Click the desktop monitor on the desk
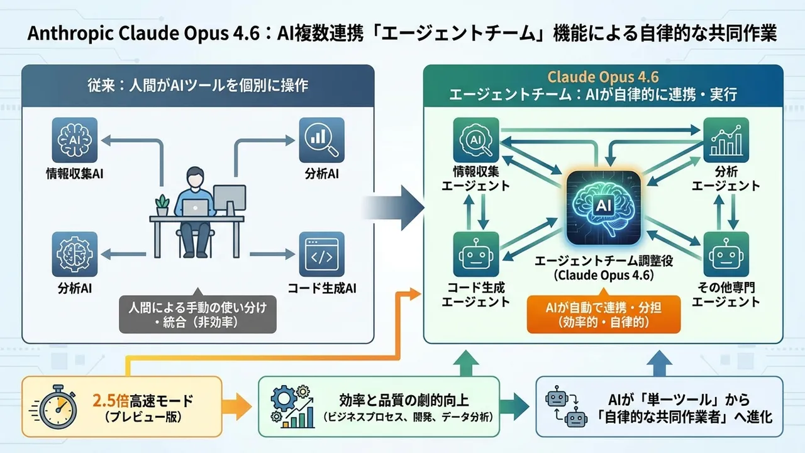click(x=229, y=201)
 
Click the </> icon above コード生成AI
click(x=321, y=254)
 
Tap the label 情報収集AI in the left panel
click(x=75, y=174)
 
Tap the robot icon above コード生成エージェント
click(x=475, y=254)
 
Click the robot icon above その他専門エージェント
click(x=726, y=254)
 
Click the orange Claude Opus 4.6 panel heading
click(x=602, y=77)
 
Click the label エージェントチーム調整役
click(x=602, y=261)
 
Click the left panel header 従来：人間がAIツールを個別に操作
click(x=198, y=84)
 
